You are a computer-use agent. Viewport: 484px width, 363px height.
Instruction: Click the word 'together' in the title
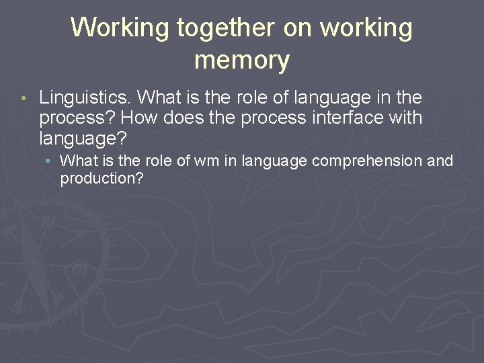click(225, 28)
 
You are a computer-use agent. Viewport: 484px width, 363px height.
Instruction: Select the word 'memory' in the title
click(242, 61)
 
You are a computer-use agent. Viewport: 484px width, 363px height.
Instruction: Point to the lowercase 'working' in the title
click(366, 28)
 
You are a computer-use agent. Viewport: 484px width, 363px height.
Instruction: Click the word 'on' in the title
click(298, 28)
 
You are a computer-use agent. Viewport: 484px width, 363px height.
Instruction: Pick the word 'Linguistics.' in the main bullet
click(85, 98)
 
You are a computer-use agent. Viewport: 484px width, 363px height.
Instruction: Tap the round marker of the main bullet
click(23, 99)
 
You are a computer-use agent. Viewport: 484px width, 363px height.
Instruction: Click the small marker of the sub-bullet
click(50, 161)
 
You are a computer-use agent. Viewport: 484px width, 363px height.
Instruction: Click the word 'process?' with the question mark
click(78, 118)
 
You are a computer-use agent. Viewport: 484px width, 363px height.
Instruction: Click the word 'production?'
click(102, 178)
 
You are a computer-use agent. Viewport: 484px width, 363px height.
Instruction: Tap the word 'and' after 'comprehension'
click(440, 161)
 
